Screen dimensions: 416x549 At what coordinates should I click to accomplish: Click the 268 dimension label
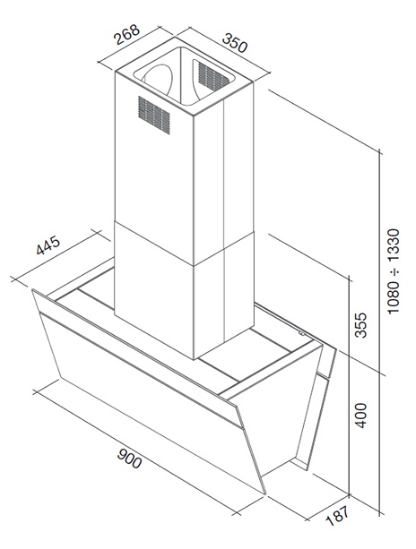coord(127,35)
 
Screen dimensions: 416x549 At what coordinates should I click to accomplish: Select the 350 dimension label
coord(235,43)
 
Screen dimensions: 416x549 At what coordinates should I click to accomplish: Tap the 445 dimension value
coord(48,245)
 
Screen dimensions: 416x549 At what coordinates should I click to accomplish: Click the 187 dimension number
coord(337,516)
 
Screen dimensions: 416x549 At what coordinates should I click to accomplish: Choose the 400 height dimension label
coord(360,416)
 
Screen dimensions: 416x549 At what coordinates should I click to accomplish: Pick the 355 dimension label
coord(360,325)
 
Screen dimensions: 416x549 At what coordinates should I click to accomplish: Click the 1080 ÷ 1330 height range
coord(394,271)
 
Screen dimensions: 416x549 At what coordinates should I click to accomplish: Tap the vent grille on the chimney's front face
coord(154,115)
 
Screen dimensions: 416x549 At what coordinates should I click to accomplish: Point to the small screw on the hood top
coord(300,334)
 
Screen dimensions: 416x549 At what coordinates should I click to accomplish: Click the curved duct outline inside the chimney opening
coord(157,79)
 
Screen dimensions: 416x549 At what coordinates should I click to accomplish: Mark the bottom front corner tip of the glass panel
coord(265,494)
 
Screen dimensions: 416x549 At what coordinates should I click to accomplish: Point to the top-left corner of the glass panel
coord(32,290)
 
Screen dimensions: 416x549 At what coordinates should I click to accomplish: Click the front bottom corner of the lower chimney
coord(194,359)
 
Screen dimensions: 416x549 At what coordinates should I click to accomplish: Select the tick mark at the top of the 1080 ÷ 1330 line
coord(380,151)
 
